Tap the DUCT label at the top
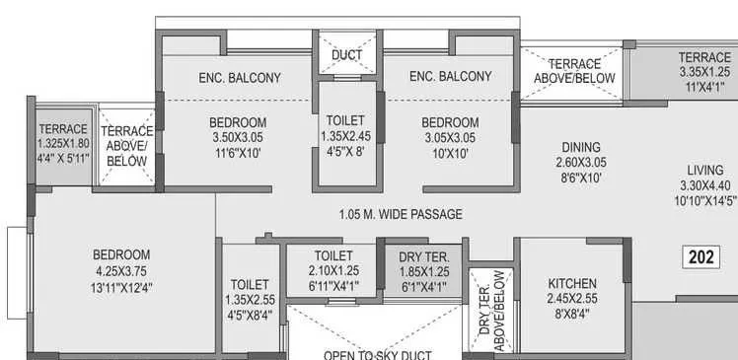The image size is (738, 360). [x=345, y=54]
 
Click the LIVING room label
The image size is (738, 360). [x=705, y=167]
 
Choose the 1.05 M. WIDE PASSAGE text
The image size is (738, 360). [x=400, y=214]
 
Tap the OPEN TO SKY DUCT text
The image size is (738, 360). [x=378, y=353]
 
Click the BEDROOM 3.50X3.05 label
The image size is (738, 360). [x=238, y=122]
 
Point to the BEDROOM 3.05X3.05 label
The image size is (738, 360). [x=448, y=122]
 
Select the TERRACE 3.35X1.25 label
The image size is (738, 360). [x=704, y=57]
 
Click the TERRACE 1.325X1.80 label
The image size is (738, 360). [x=64, y=129]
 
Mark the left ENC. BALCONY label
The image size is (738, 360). [x=240, y=77]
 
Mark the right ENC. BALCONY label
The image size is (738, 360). [x=450, y=76]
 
